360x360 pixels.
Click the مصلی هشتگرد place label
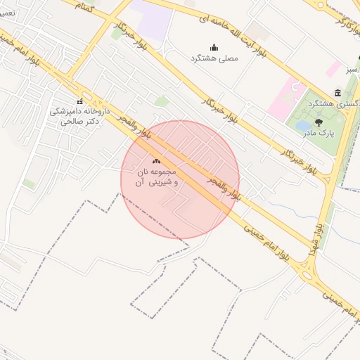tap(214, 58)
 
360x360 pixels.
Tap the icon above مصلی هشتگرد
tap(214, 48)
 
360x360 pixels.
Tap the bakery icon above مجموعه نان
tap(156, 161)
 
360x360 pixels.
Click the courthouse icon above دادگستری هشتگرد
tap(338, 93)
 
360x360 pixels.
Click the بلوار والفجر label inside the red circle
tap(224, 186)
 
